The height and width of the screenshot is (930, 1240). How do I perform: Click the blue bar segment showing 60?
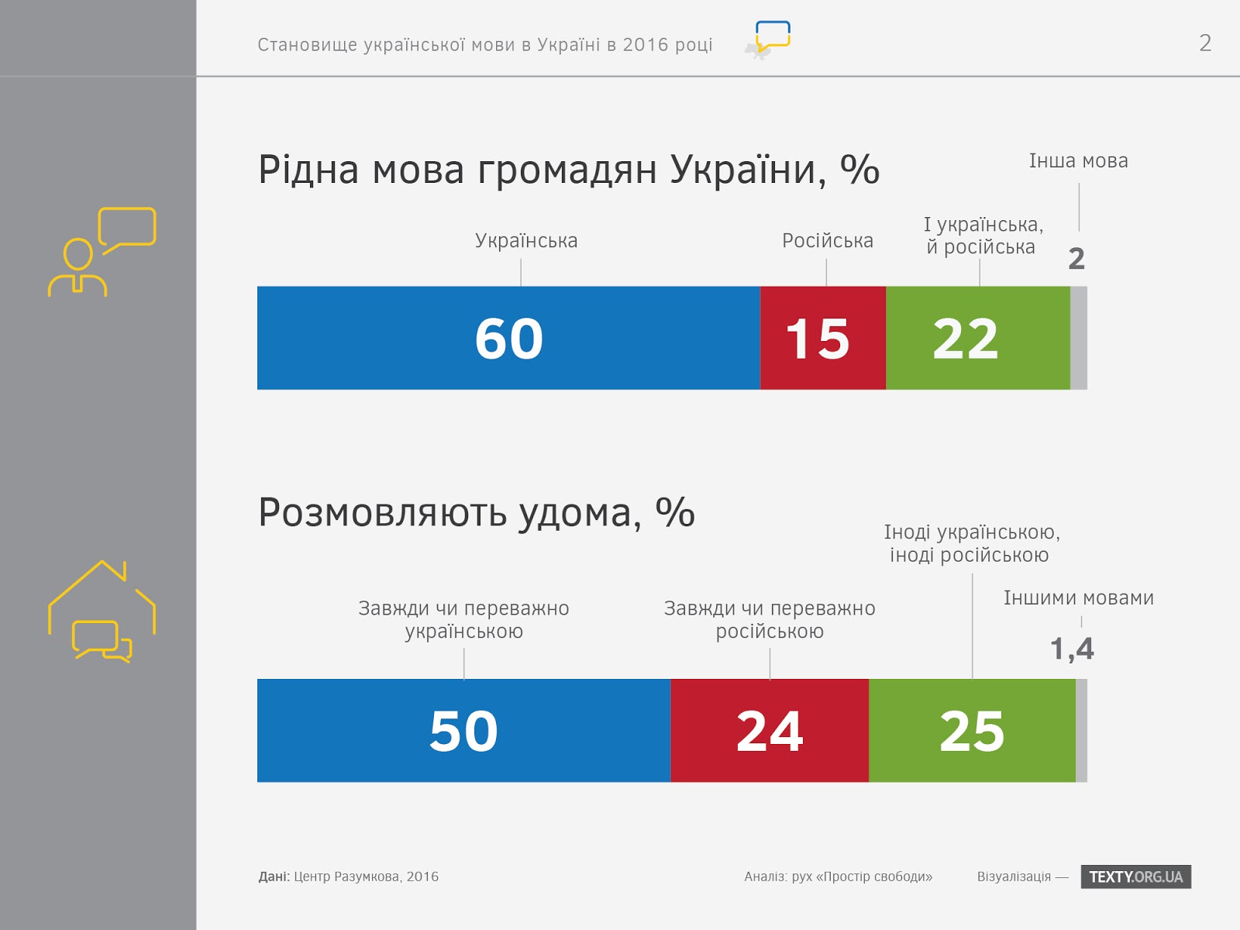[x=508, y=338]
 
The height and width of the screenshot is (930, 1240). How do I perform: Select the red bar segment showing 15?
[x=822, y=338]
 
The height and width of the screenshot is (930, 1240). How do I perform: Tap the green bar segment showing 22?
[x=977, y=338]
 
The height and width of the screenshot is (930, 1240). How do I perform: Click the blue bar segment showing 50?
[x=463, y=730]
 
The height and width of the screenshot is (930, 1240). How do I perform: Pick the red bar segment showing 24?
[x=770, y=730]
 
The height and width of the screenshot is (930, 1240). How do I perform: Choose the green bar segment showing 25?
[x=972, y=730]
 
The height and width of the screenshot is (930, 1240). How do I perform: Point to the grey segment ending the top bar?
[x=1079, y=338]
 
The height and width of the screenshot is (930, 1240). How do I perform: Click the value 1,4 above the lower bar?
[x=1072, y=649]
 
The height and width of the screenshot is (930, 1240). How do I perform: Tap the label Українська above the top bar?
[x=526, y=241]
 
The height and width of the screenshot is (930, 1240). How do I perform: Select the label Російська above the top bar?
[x=827, y=241]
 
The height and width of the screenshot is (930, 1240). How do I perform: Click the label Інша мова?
[x=1078, y=161]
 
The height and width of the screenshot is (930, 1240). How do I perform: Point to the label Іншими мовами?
[x=1078, y=598]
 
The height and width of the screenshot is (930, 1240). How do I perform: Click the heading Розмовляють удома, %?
[x=476, y=513]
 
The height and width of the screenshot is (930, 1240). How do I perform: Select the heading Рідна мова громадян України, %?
[x=568, y=170]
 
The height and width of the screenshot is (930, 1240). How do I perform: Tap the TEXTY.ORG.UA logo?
[x=1135, y=877]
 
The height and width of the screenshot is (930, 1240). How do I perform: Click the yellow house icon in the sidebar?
[x=102, y=611]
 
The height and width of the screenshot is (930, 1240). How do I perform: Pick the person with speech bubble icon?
[x=102, y=252]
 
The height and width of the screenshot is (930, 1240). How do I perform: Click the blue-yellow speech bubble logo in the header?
[x=772, y=37]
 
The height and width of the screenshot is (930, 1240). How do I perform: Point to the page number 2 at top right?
[x=1204, y=43]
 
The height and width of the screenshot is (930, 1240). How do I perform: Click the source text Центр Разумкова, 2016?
[x=366, y=877]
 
